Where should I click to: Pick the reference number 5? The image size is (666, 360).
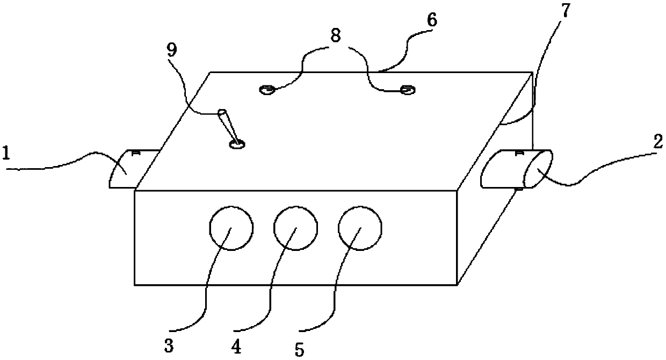coord(299,348)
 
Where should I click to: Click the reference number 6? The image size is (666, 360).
coord(431,21)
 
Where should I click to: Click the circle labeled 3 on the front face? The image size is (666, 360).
coord(230,228)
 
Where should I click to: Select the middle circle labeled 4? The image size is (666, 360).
coord(295,228)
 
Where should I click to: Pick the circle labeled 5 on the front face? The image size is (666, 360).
coord(360,228)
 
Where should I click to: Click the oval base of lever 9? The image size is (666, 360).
coord(236,144)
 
